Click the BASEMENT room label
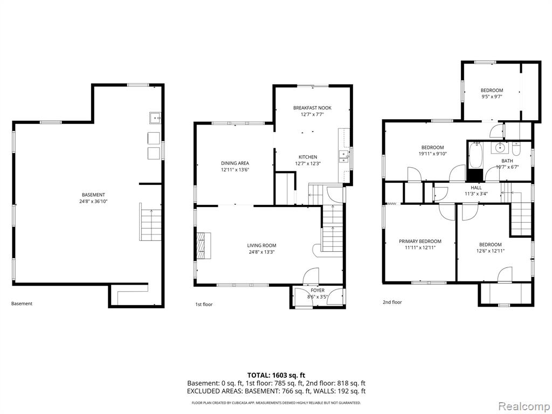pos(93,195)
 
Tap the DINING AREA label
pos(235,163)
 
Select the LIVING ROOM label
pos(261,245)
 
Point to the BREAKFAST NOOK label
pos(312,108)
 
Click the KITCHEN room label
pos(308,157)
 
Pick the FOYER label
pos(318,291)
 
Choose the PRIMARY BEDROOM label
pos(420,241)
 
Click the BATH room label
pos(507,161)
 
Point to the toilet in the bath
pos(516,149)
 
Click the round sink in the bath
pos(500,148)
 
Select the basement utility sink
pos(155,118)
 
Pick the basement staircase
pos(151,222)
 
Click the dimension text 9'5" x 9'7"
pos(492,96)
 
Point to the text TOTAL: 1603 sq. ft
pos(274,375)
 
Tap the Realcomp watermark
pos(523,406)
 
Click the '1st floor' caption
pos(204,304)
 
